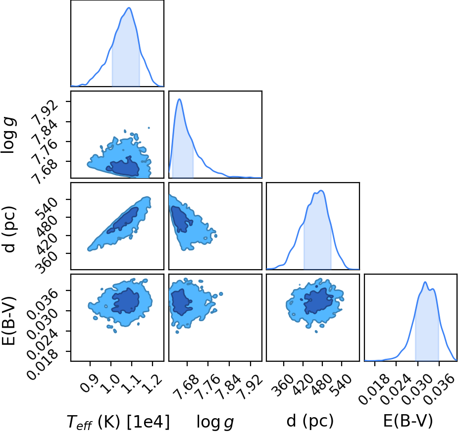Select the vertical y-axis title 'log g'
point(9,135)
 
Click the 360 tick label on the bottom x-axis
point(284,384)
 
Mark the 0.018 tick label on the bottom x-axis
point(374,389)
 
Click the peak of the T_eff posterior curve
point(129,7)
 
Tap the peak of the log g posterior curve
point(179,99)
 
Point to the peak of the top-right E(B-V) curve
point(425,282)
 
